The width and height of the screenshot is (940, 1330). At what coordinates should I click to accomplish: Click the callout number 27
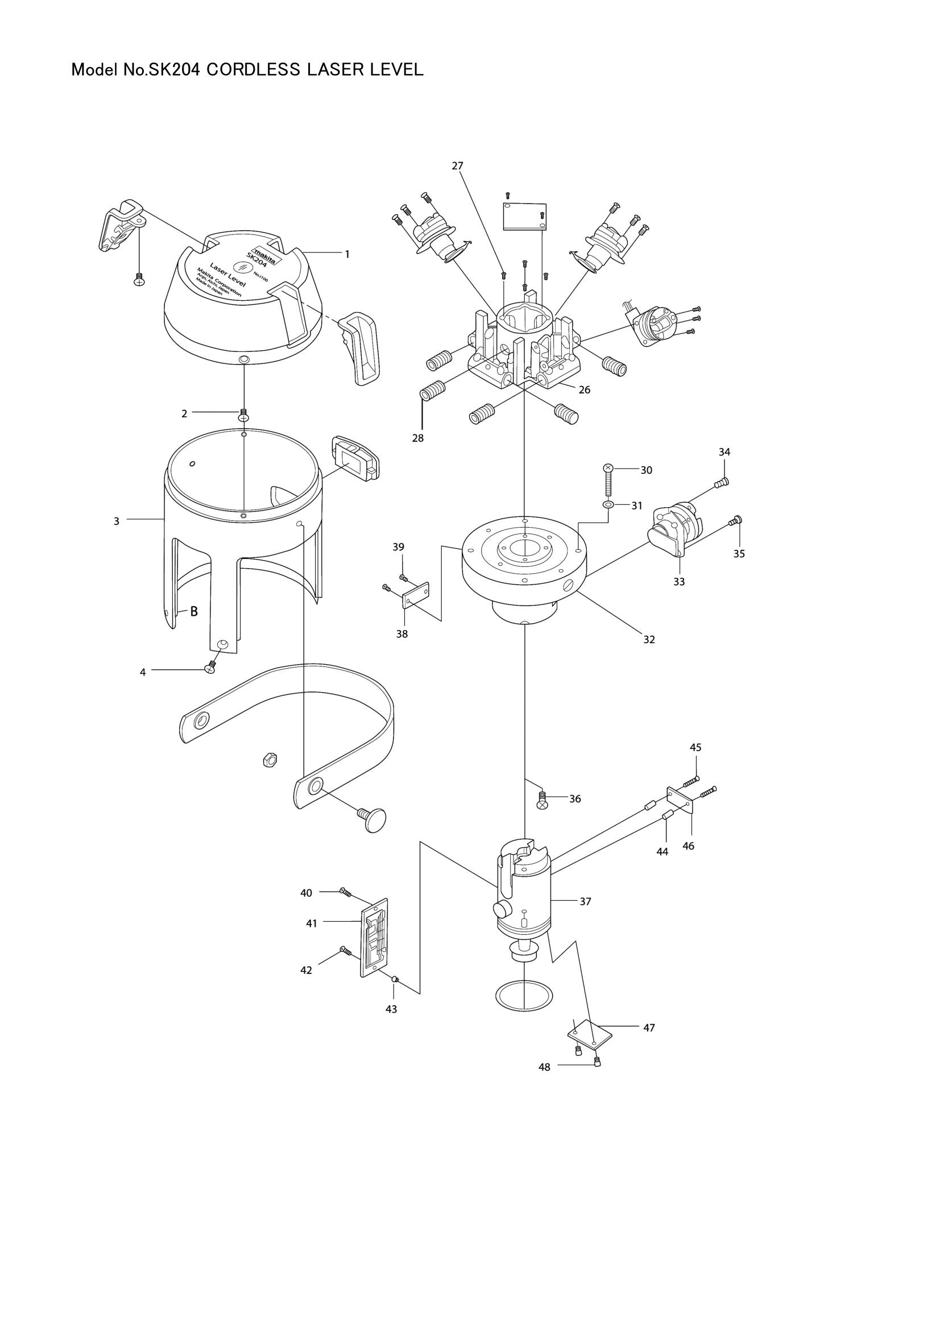457,165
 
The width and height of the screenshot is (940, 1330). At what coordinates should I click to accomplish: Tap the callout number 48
544,1066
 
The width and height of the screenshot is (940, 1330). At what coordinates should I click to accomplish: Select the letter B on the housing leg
194,611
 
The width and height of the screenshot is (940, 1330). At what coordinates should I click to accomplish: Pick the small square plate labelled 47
589,1034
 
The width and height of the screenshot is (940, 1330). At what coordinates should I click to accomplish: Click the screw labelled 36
543,799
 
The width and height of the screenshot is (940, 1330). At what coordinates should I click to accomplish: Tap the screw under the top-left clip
138,279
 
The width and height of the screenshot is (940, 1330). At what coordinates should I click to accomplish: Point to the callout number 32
649,640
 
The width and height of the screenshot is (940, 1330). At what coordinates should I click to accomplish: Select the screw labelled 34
722,482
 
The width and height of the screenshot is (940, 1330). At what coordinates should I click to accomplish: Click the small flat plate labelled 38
415,596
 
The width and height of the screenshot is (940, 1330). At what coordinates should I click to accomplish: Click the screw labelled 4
210,668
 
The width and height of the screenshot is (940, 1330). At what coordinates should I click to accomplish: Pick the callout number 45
695,747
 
